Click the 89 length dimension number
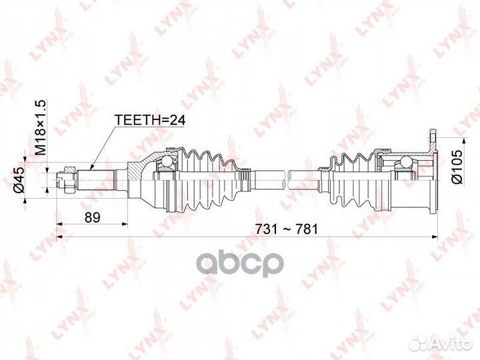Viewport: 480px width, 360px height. tap(92, 217)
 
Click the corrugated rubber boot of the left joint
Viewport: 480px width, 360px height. tap(207, 180)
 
